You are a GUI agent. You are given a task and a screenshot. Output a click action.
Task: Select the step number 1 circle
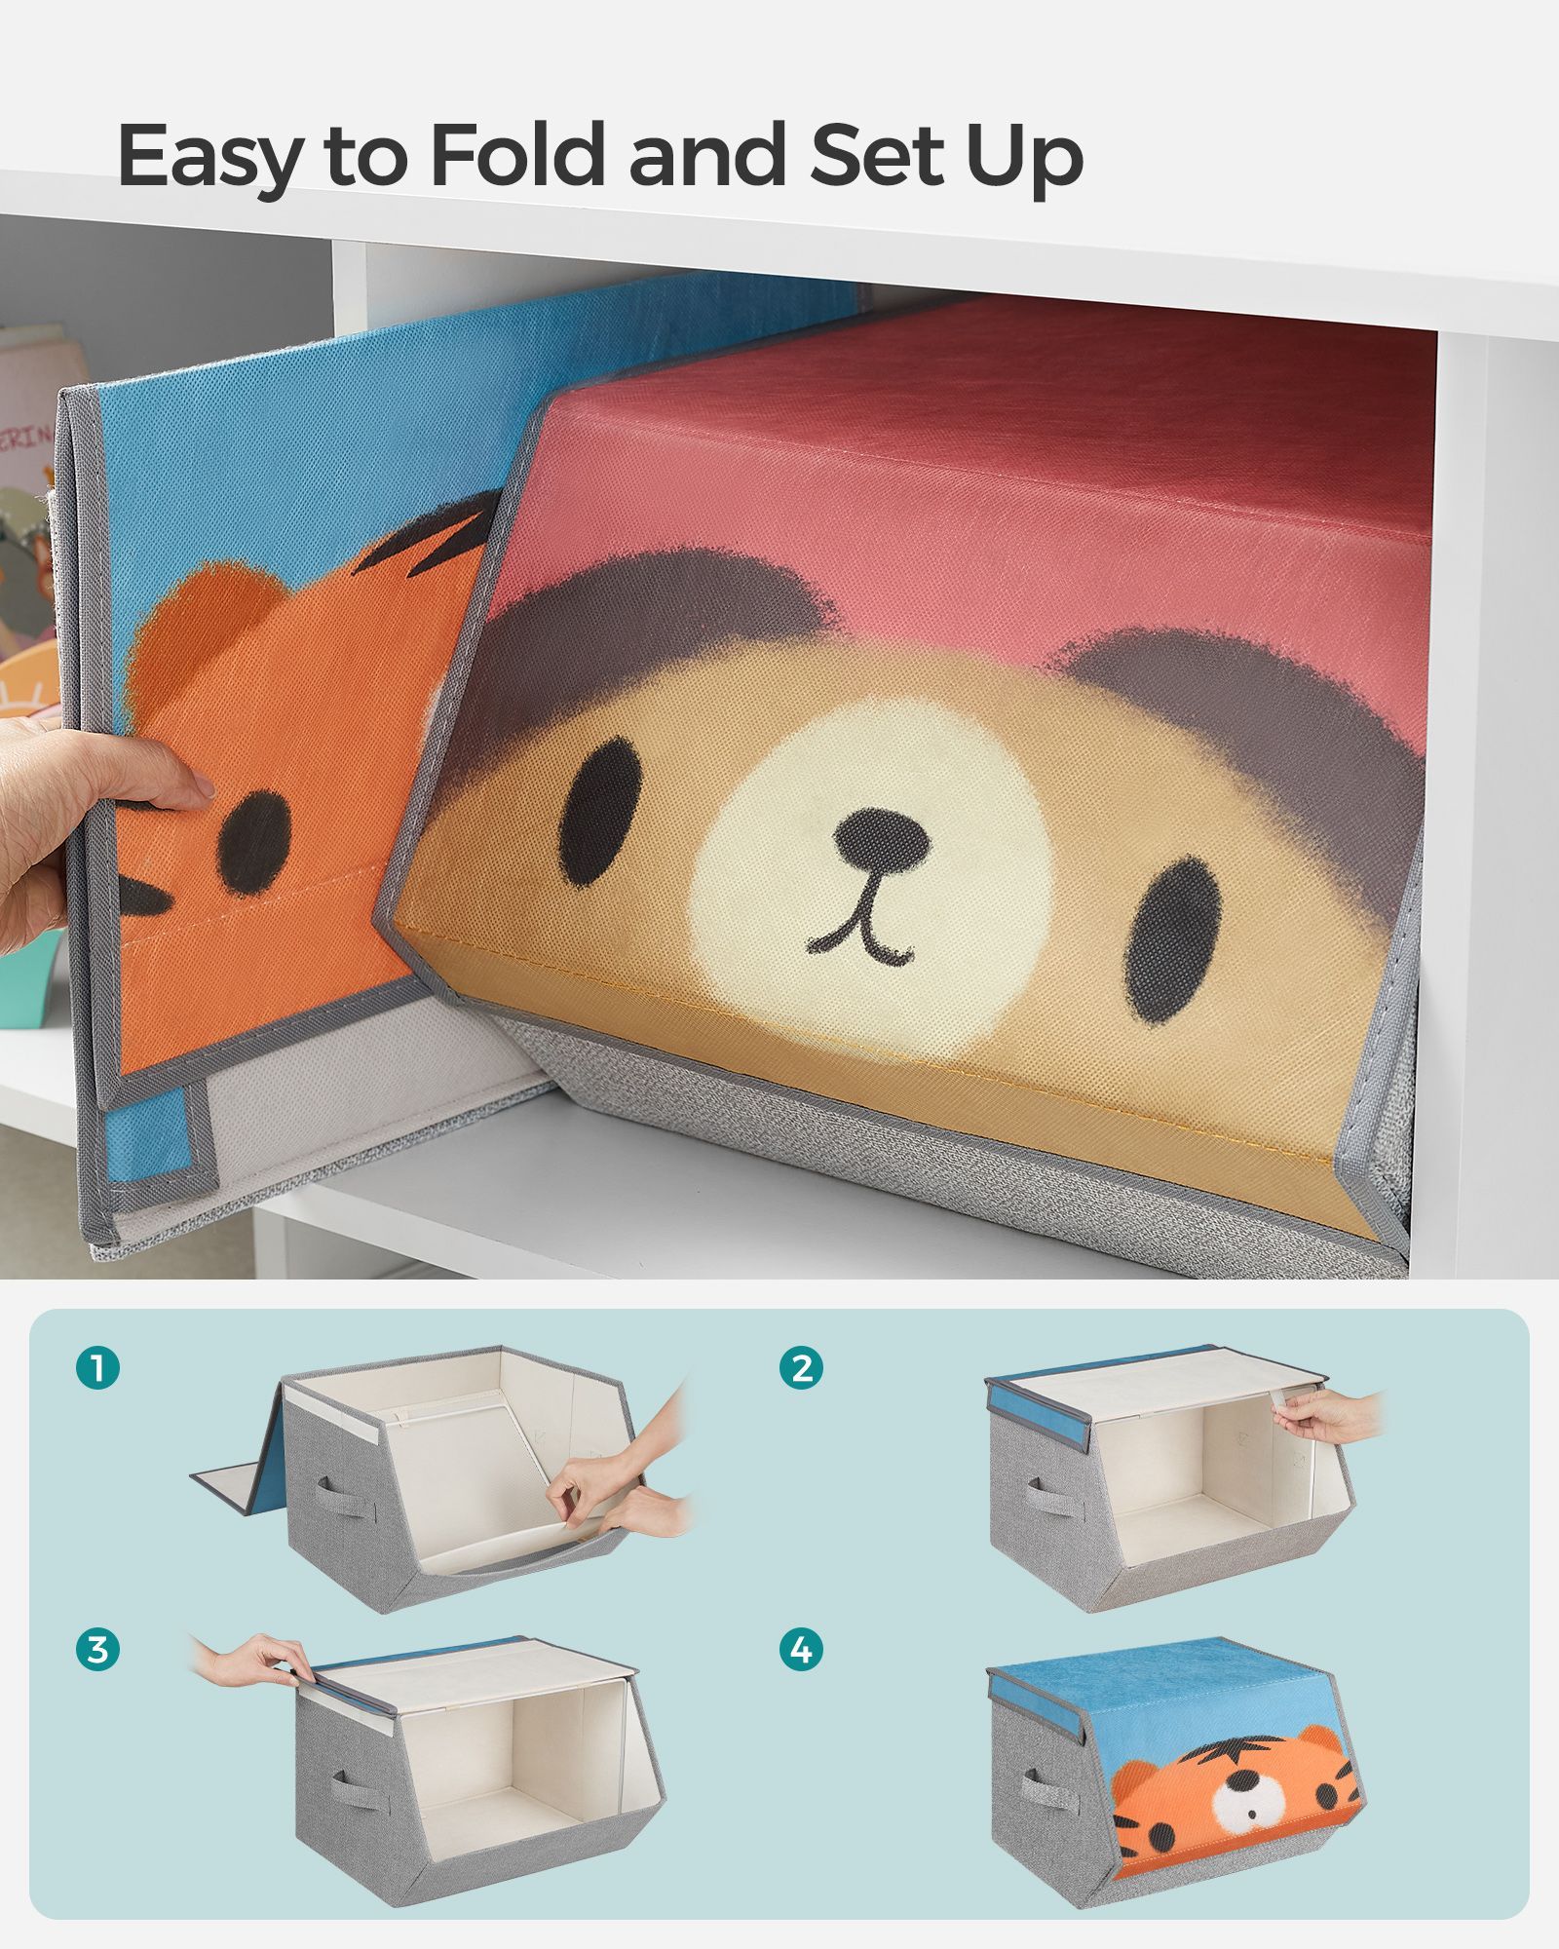[x=97, y=1368]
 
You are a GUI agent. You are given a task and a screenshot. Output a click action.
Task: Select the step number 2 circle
[x=801, y=1368]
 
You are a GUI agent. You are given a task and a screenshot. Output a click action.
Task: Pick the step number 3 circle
[x=97, y=1650]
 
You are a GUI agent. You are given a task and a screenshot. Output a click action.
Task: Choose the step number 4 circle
[x=801, y=1650]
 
